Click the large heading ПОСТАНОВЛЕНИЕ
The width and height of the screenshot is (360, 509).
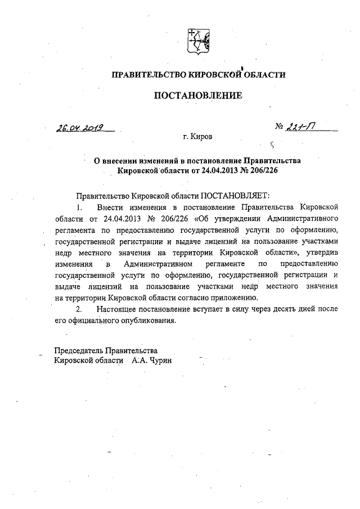[x=198, y=95]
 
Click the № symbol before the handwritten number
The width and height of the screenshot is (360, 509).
[x=280, y=128]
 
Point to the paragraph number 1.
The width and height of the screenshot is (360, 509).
[x=79, y=208]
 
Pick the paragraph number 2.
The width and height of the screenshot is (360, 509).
[x=79, y=309]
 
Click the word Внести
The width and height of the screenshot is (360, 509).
[x=111, y=208]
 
